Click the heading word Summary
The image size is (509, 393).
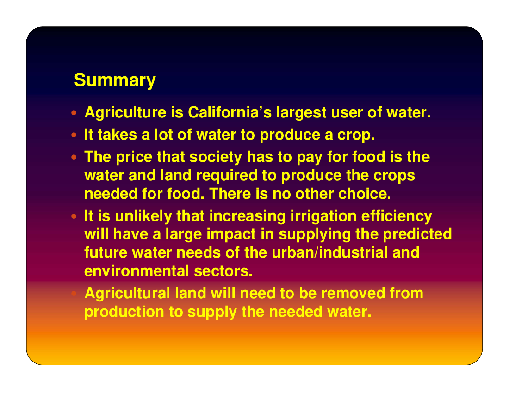(115, 80)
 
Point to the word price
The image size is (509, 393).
(134, 157)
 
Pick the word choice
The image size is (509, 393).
(365, 194)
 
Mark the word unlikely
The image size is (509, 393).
(143, 216)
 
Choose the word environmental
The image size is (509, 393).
(137, 271)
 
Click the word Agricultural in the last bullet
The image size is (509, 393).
(127, 294)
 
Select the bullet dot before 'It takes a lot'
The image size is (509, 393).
(74, 135)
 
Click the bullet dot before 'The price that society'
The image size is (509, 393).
(74, 157)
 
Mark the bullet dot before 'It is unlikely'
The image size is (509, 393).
(74, 216)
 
